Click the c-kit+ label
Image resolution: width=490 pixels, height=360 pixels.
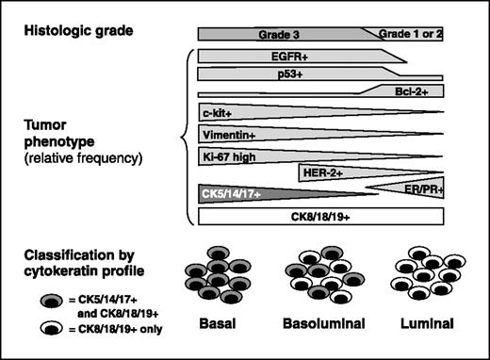[x=219, y=114]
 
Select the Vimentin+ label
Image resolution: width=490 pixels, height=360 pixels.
[x=229, y=135]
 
